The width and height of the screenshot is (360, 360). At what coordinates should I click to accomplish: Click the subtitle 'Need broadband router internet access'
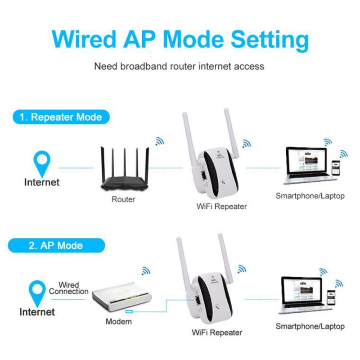[x=179, y=66]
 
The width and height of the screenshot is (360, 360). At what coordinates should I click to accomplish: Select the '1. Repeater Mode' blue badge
[x=60, y=117]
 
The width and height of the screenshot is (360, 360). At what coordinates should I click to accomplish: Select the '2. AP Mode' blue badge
[x=56, y=246]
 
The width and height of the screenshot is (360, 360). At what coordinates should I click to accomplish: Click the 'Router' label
[x=123, y=199]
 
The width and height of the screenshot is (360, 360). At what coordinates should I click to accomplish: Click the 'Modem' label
[x=119, y=321]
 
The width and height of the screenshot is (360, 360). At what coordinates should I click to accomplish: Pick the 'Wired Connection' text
[x=69, y=288]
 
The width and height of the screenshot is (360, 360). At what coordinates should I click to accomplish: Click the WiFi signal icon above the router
[x=159, y=141]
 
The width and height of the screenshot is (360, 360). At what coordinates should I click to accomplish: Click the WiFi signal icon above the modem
[x=145, y=271]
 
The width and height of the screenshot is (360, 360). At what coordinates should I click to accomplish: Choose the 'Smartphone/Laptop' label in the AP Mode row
[x=310, y=326]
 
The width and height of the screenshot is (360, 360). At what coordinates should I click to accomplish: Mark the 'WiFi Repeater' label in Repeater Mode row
[x=222, y=206]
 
